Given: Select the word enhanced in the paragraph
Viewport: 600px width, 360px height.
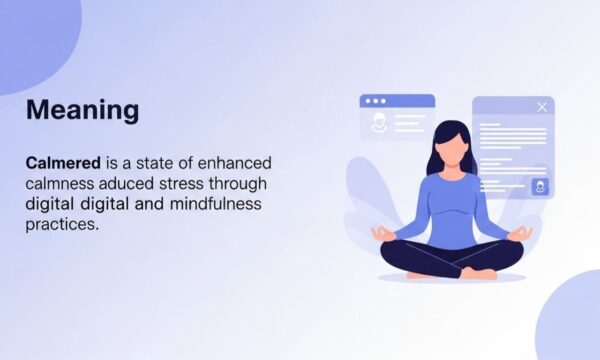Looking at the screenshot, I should pos(236,163).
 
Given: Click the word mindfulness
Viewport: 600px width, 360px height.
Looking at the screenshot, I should pos(214,204).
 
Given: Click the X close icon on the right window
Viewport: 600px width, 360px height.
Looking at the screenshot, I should pos(542,107).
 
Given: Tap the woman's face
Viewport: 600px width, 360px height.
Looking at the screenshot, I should pos(453,149).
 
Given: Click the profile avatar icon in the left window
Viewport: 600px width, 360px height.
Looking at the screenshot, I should pos(379,123).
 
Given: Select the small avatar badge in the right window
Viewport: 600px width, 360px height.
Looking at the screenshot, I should pos(540,186).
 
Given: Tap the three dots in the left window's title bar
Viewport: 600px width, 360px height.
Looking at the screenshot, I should pos(375,101).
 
